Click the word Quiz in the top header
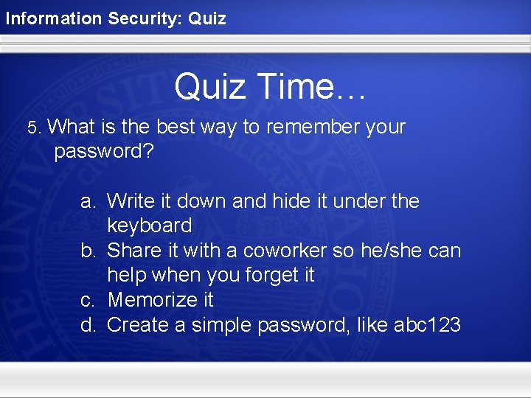[207, 18]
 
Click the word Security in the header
[144, 18]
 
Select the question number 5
[33, 128]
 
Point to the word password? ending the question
[103, 153]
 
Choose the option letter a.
[88, 201]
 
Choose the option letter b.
[88, 251]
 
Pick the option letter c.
[88, 300]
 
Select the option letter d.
[88, 325]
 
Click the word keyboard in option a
[149, 226]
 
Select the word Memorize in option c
[150, 300]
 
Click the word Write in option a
[130, 201]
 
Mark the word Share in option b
[134, 251]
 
